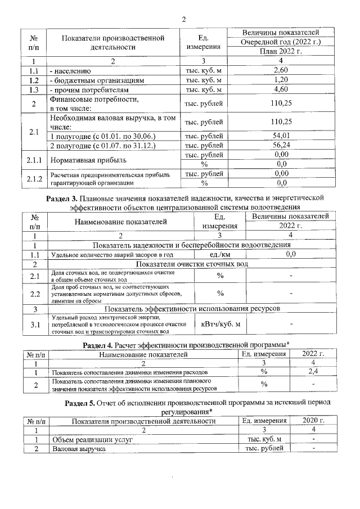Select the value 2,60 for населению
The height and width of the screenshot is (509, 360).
(x=281, y=70)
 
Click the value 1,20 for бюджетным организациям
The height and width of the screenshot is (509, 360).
(x=281, y=80)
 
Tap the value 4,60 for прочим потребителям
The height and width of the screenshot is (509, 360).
(x=281, y=89)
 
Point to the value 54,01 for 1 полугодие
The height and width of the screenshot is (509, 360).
(x=281, y=136)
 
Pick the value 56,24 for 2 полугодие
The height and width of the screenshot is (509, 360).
(x=281, y=146)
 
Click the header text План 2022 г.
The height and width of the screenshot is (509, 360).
(x=281, y=51)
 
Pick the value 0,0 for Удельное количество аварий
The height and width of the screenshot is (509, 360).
(x=291, y=255)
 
